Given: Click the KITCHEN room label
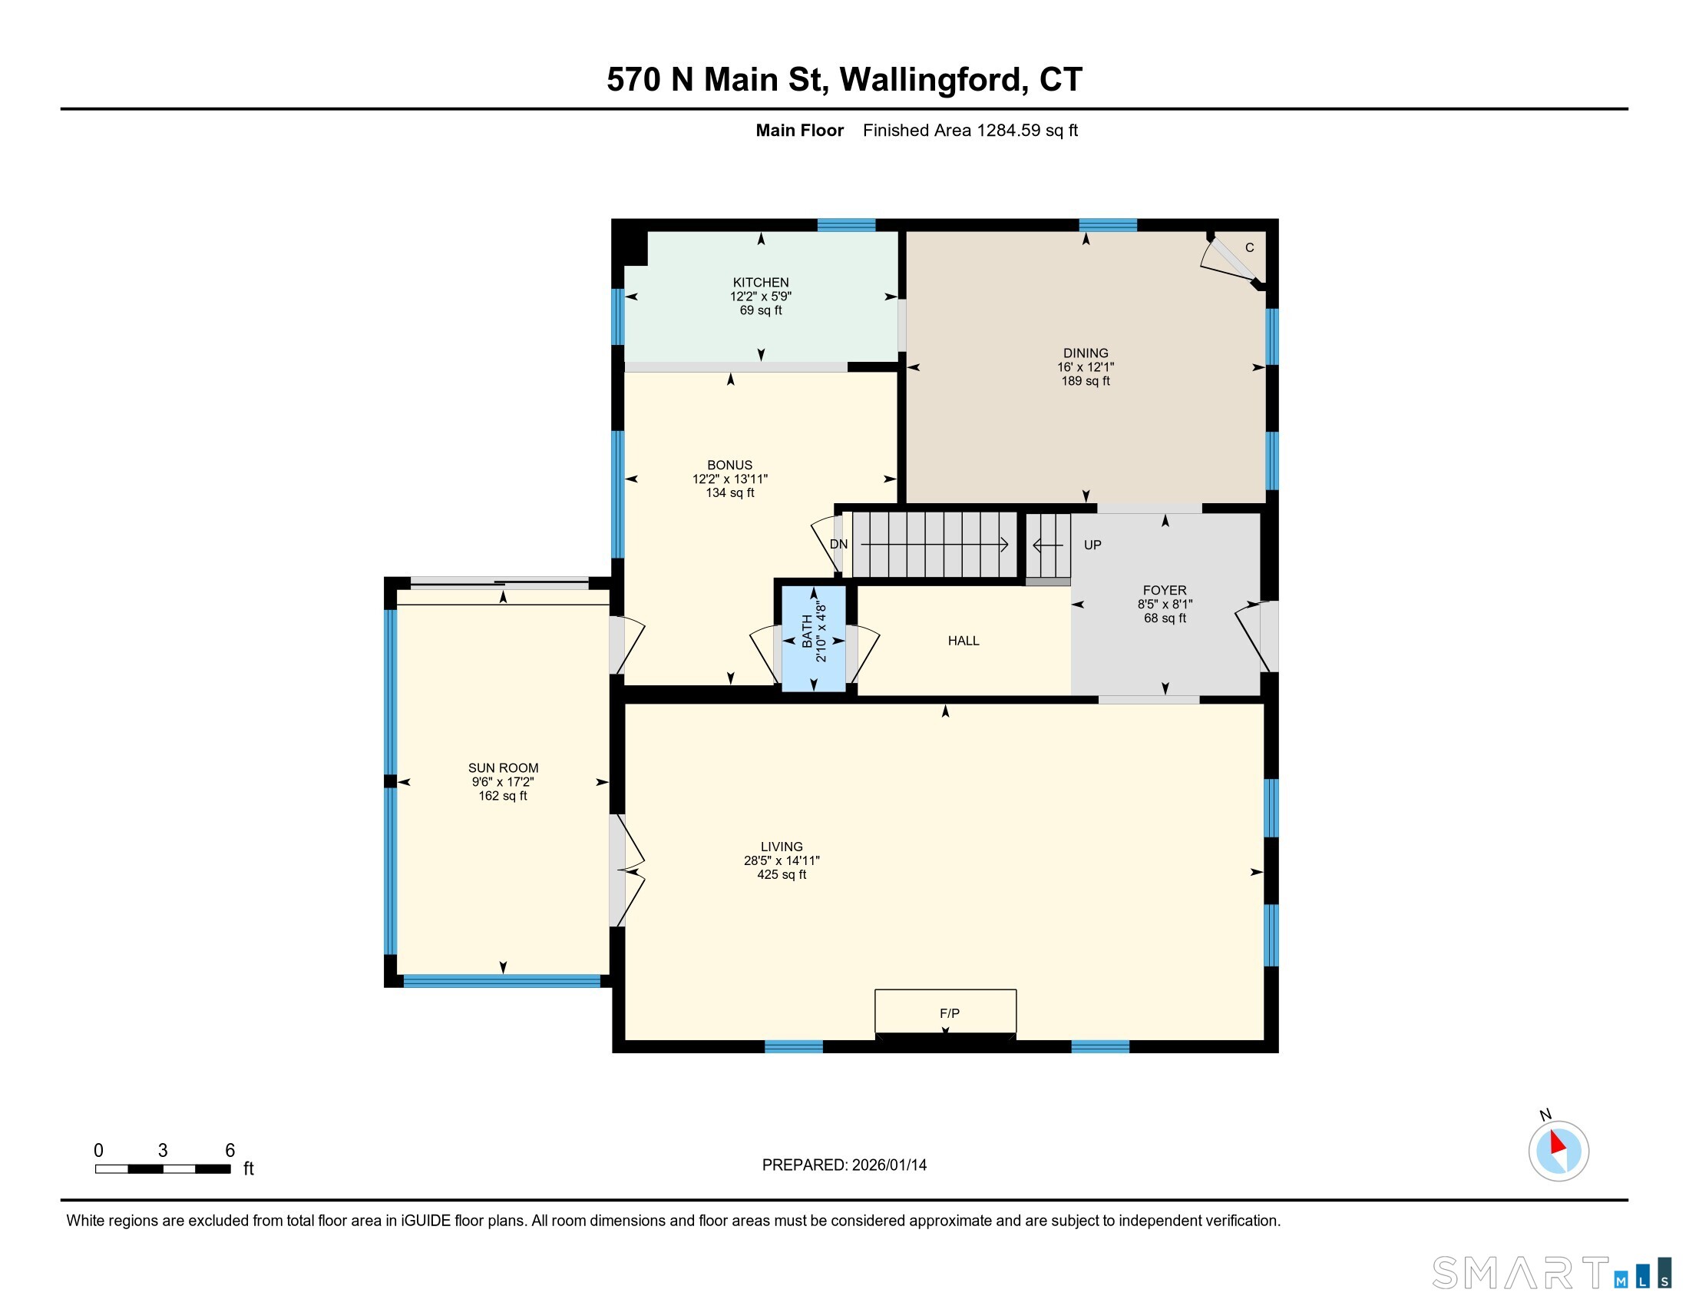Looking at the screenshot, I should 760,283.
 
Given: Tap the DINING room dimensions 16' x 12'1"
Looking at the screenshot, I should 1085,366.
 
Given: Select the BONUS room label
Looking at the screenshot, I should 729,465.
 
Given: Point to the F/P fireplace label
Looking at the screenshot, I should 949,1013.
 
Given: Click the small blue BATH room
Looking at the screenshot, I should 814,639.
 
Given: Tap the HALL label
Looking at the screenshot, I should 963,641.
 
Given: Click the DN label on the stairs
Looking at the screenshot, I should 838,545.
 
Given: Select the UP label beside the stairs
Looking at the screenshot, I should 1092,545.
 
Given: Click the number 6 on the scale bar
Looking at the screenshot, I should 230,1151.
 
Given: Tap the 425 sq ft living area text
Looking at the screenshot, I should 781,875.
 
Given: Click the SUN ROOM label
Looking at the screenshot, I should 503,768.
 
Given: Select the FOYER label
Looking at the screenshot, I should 1164,590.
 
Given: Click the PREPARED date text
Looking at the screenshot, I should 844,1165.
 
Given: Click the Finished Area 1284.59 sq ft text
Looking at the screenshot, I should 970,131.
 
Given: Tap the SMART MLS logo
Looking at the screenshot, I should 1551,1273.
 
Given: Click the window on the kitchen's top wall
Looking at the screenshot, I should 846,225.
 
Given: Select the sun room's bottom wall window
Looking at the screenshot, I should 501,981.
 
